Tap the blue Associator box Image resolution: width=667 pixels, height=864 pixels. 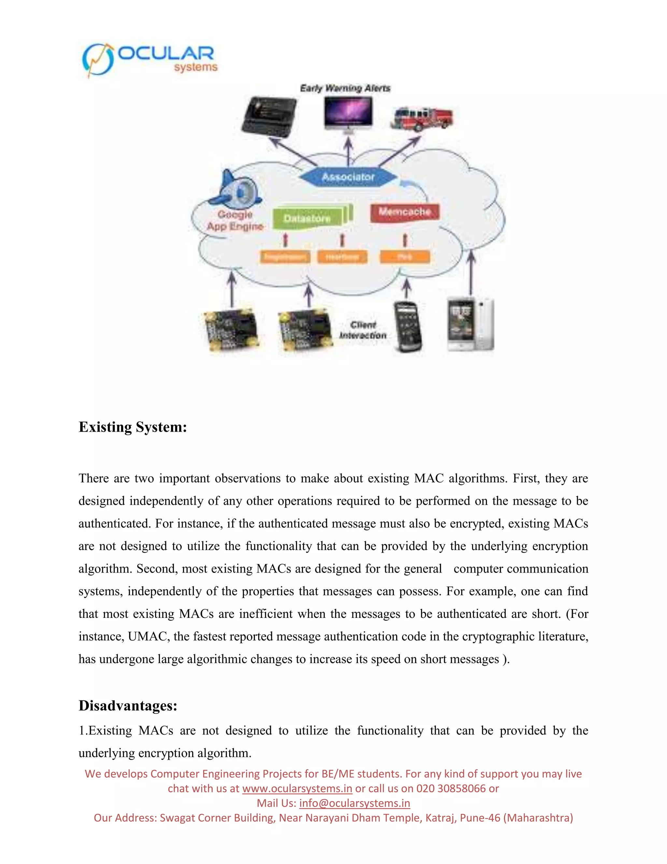pyautogui.click(x=348, y=177)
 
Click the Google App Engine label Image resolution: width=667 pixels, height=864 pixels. pyautogui.click(x=235, y=221)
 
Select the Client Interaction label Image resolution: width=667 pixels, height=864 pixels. pyautogui.click(x=363, y=330)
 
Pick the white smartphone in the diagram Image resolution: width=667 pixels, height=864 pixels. pyautogui.click(x=470, y=324)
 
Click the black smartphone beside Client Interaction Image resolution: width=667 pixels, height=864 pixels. pyautogui.click(x=407, y=327)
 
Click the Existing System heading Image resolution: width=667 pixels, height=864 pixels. pyautogui.click(x=133, y=427)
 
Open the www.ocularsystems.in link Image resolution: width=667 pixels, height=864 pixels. pyautogui.click(x=297, y=788)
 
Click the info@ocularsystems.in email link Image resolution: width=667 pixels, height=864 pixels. pyautogui.click(x=354, y=803)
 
